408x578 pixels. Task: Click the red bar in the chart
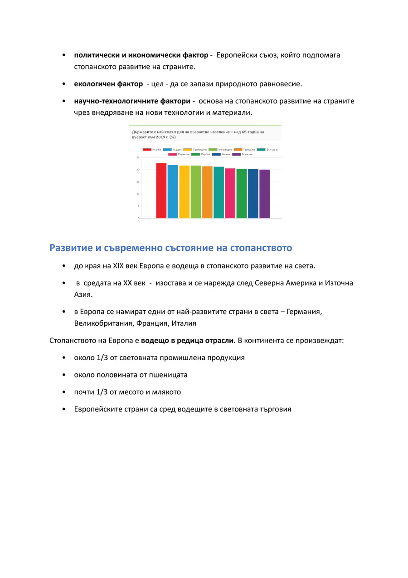pyautogui.click(x=161, y=191)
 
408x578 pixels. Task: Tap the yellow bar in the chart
pyautogui.click(x=184, y=192)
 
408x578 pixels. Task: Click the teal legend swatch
pyautogui.click(x=261, y=149)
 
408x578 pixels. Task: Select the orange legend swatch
pyautogui.click(x=238, y=149)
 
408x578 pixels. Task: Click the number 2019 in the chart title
pyautogui.click(x=155, y=137)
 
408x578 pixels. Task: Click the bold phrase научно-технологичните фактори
pyautogui.click(x=132, y=101)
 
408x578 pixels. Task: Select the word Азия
pyautogui.click(x=83, y=294)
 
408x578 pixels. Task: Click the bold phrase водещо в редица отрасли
pyautogui.click(x=188, y=340)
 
